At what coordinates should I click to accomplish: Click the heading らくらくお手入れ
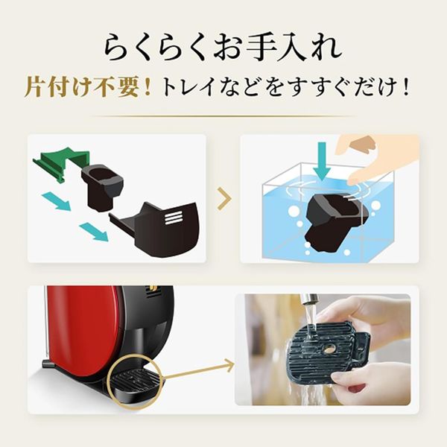click(223, 47)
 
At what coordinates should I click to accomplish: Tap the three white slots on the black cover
click(173, 218)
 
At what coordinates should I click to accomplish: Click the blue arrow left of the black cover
click(93, 230)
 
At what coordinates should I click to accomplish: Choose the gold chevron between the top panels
click(223, 198)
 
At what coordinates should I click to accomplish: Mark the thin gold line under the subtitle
click(223, 116)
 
